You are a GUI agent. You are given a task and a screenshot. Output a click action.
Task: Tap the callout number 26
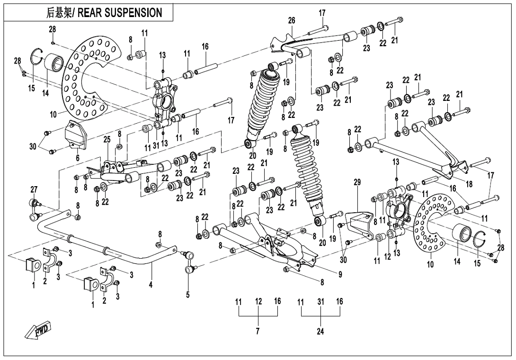click(x=292, y=20)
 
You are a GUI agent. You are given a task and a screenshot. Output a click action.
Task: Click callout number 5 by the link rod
click(x=188, y=294)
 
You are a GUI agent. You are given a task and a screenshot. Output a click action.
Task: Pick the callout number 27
click(x=34, y=189)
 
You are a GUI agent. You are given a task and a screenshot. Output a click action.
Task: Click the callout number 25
click(x=107, y=140)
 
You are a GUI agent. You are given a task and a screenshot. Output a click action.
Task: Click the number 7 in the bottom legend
click(x=258, y=332)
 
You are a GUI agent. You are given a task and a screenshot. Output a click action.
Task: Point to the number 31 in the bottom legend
click(x=321, y=302)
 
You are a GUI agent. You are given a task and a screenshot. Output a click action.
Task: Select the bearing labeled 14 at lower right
click(x=461, y=235)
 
